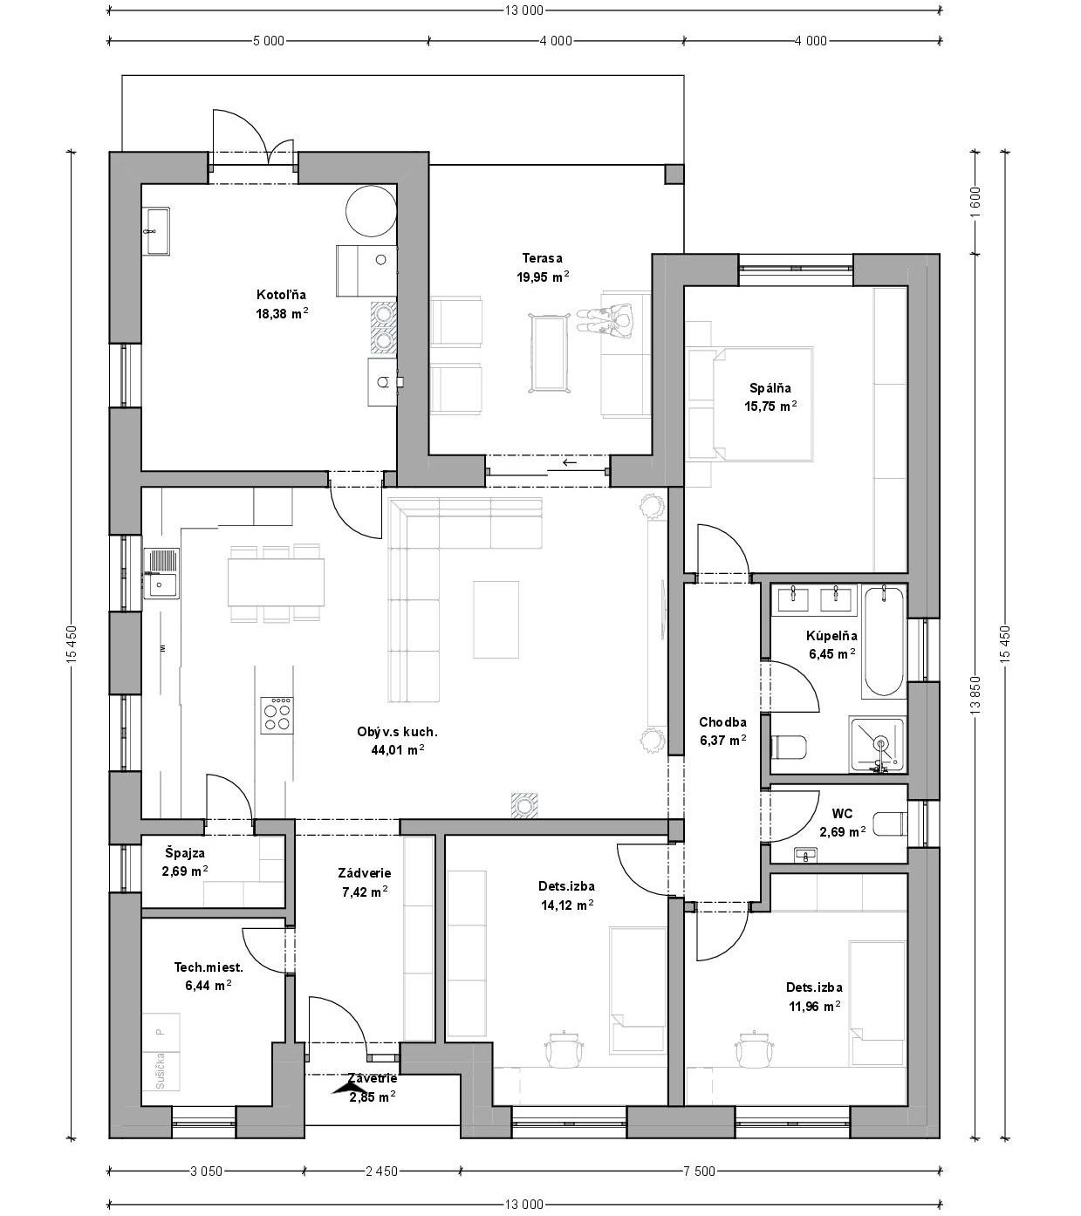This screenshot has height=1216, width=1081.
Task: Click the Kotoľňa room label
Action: coord(281,295)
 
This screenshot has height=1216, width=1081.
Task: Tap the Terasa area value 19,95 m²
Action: coord(543,277)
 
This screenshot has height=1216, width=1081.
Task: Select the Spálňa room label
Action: coord(770,387)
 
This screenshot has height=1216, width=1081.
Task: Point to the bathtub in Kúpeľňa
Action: coord(884,642)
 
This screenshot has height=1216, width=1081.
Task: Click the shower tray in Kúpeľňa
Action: coord(877,744)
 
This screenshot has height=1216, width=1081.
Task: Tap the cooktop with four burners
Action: coord(277,714)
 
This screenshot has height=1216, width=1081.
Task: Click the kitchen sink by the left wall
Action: coord(161,573)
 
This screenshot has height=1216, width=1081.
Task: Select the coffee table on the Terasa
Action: coord(549,353)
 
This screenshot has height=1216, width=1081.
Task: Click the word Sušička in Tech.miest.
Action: coord(160,1070)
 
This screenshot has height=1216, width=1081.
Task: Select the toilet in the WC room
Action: coord(889,824)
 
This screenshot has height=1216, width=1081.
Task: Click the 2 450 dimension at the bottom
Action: coord(382,1171)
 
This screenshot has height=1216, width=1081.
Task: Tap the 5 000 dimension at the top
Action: coord(269,41)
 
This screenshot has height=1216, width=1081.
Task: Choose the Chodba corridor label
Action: coord(722,722)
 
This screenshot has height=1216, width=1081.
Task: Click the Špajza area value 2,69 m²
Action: coord(185,871)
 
